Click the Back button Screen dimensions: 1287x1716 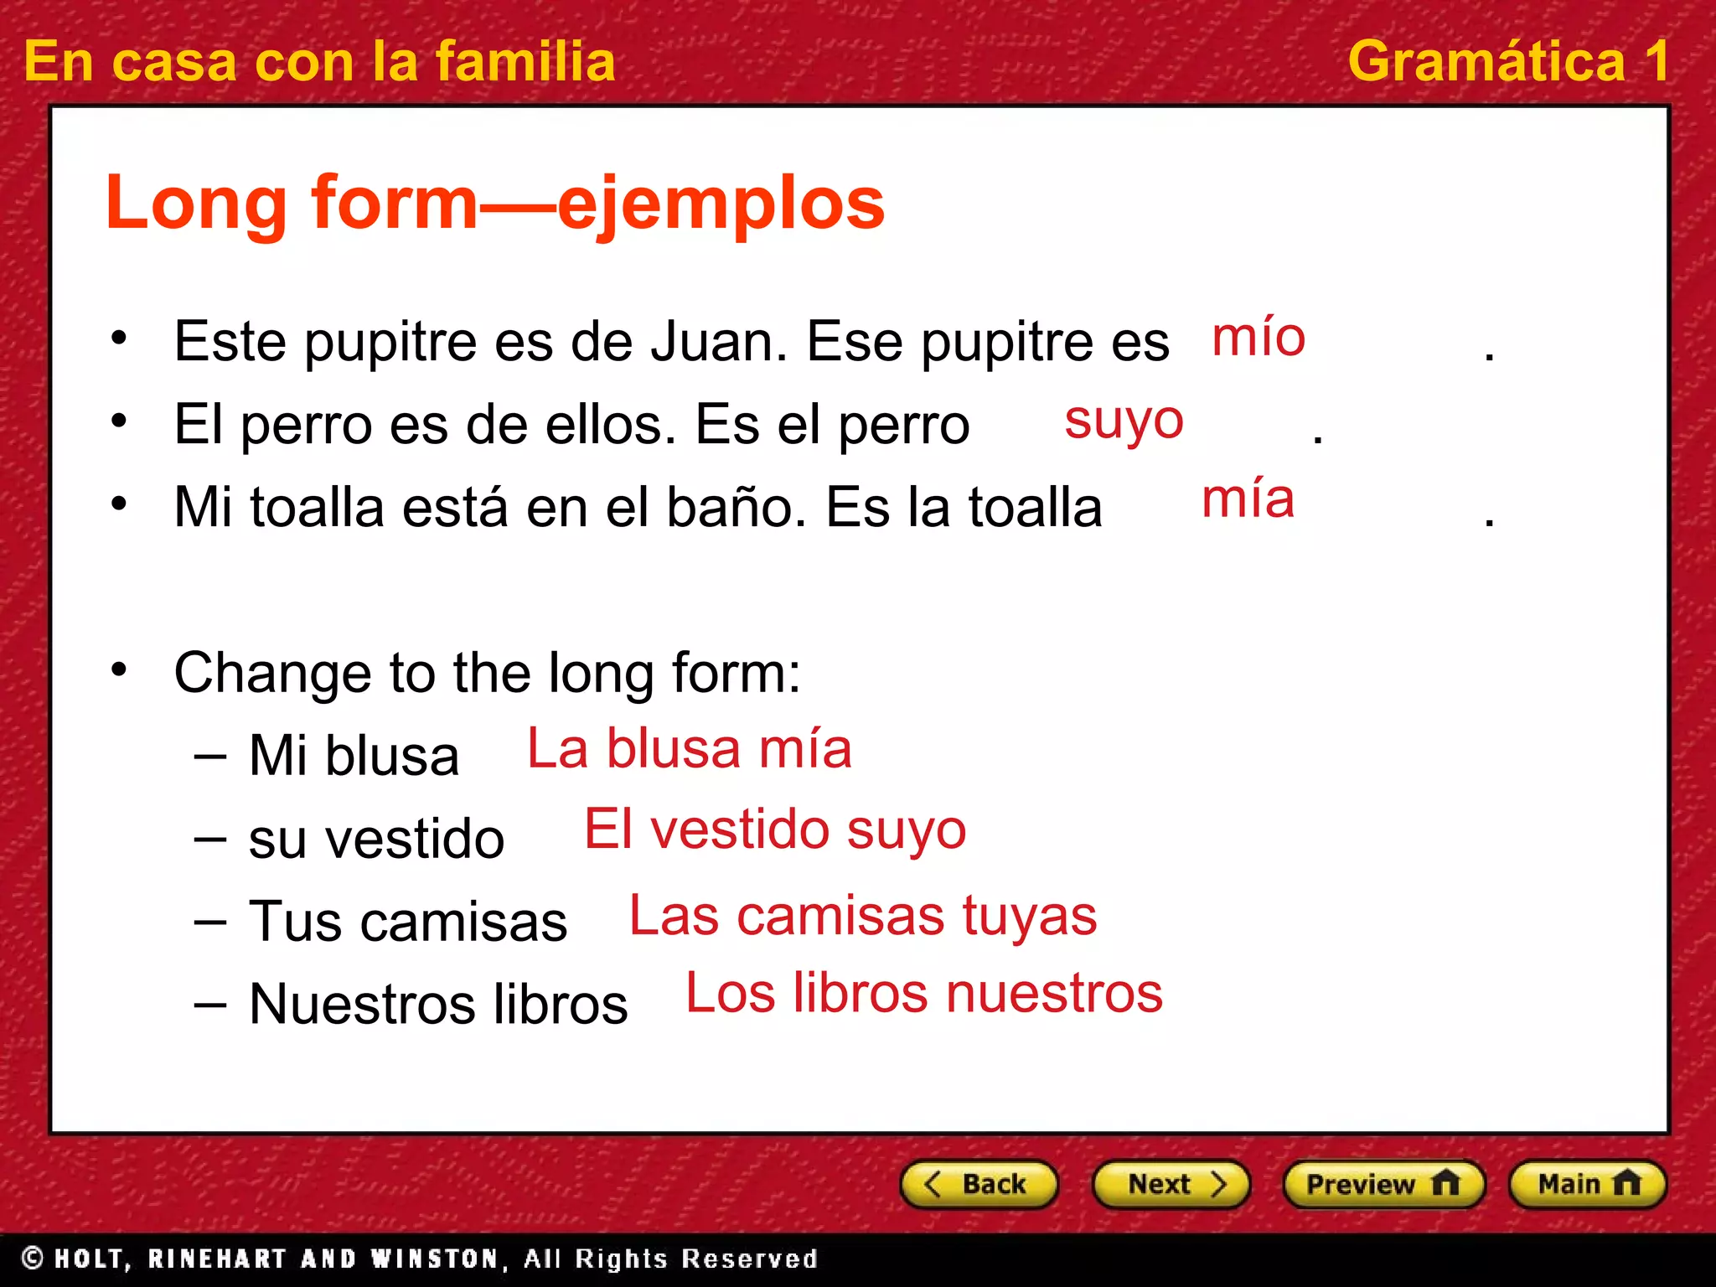(x=978, y=1184)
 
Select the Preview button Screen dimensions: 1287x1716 (x=1383, y=1184)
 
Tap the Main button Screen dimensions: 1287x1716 (x=1587, y=1184)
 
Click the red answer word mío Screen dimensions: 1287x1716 (x=1259, y=338)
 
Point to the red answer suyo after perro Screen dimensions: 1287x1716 (x=1124, y=421)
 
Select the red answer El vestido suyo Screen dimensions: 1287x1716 (x=775, y=830)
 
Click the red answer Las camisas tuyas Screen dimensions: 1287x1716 (x=862, y=915)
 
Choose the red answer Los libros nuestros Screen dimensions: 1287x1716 (x=924, y=994)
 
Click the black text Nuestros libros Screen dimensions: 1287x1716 (x=438, y=1004)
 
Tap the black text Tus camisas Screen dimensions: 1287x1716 (x=408, y=922)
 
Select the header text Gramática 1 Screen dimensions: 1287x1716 (x=1508, y=61)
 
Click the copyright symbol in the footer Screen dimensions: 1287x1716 (x=33, y=1258)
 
